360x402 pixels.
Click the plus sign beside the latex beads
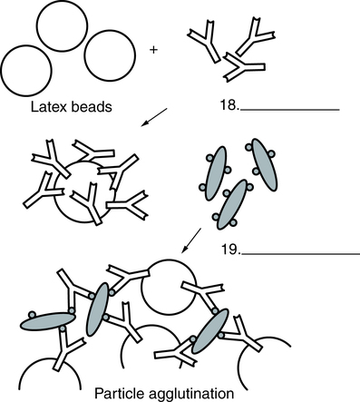pyautogui.click(x=153, y=50)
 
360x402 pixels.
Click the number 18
pyautogui.click(x=229, y=105)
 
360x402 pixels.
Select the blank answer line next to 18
pyautogui.click(x=290, y=110)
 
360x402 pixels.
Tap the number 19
pyautogui.click(x=231, y=250)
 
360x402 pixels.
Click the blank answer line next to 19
pyautogui.click(x=301, y=254)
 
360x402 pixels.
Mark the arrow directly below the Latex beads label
pyautogui.click(x=154, y=117)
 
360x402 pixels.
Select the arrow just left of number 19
pyautogui.click(x=191, y=240)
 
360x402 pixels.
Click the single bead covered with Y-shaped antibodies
pyautogui.click(x=84, y=191)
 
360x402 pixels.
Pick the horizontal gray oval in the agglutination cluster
pyautogui.click(x=48, y=321)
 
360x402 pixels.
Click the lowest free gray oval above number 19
pyautogui.click(x=232, y=204)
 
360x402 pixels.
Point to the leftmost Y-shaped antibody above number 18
pyautogui.click(x=205, y=42)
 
